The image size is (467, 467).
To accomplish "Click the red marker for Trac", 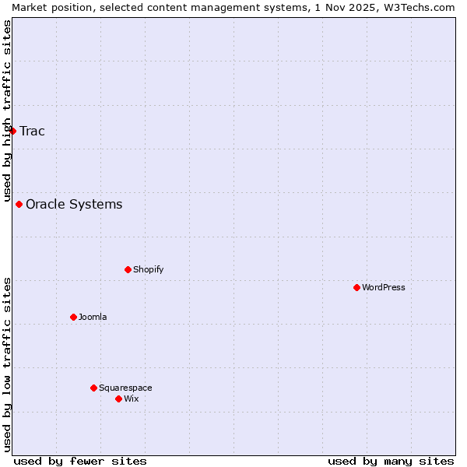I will click(13, 131).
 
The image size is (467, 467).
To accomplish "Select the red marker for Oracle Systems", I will click(19, 205).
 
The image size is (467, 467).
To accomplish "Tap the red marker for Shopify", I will click(128, 270).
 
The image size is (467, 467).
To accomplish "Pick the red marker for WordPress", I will click(357, 288).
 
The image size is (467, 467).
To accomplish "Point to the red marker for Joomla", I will click(74, 318).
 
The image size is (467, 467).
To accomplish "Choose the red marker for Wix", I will click(119, 399).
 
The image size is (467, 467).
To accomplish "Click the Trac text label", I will click(33, 131).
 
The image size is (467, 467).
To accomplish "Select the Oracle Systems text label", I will click(74, 205).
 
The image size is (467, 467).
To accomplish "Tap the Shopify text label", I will click(149, 270).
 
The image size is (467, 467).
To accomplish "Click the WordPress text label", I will click(384, 288).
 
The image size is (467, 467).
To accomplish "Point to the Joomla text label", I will click(93, 318).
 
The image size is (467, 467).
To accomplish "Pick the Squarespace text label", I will click(125, 388).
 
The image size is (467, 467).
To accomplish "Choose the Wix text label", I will click(132, 399).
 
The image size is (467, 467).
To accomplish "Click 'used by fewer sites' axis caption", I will click(80, 461).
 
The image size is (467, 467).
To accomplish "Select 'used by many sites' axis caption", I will click(391, 461).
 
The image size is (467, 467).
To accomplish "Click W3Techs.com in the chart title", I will click(423, 7).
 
